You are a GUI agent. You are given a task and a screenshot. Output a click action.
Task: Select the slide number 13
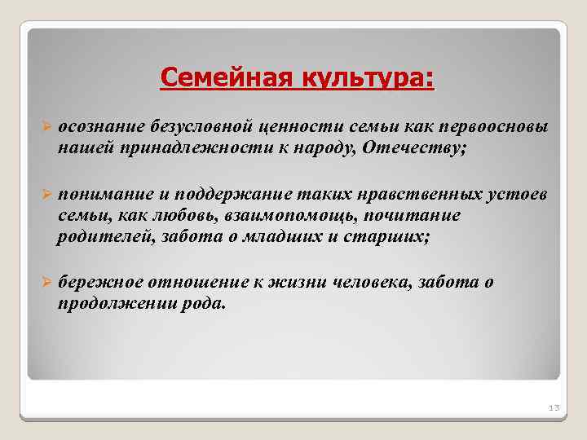(550, 407)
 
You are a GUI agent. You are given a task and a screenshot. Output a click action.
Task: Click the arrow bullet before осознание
(46, 128)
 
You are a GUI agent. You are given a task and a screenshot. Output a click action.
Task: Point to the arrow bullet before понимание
(46, 195)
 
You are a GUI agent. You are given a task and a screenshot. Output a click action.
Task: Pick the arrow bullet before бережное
(46, 282)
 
